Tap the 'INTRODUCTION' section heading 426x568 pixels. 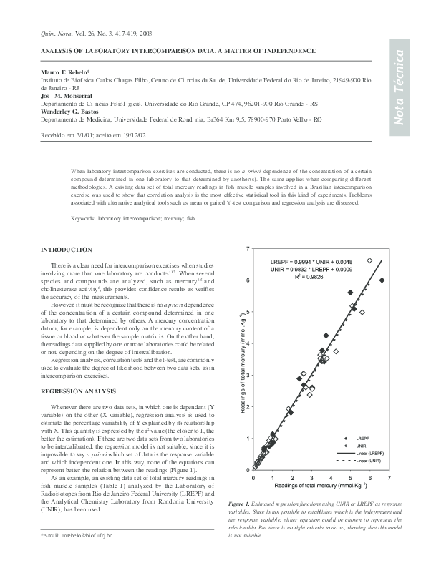point(67,250)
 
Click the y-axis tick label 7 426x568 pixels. point(248,248)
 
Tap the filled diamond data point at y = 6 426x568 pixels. point(382,280)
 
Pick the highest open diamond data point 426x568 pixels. point(369,261)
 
